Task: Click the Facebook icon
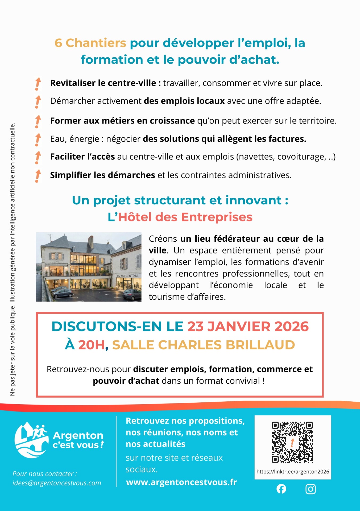pyautogui.click(x=281, y=489)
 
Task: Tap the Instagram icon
pyautogui.click(x=311, y=489)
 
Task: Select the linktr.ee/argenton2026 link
pyautogui.click(x=293, y=472)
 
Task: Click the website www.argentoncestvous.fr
pyautogui.click(x=181, y=482)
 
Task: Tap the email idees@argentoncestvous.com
pyautogui.click(x=57, y=483)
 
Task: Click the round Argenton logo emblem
pyautogui.click(x=31, y=440)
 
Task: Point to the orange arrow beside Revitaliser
pyautogui.click(x=38, y=84)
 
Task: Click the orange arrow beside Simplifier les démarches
pyautogui.click(x=38, y=176)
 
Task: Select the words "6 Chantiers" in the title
pyautogui.click(x=90, y=43)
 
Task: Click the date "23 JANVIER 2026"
pyautogui.click(x=248, y=327)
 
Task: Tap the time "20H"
pyautogui.click(x=92, y=345)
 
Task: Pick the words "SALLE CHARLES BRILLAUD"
pyautogui.click(x=204, y=345)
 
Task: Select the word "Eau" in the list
pyautogui.click(x=57, y=139)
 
